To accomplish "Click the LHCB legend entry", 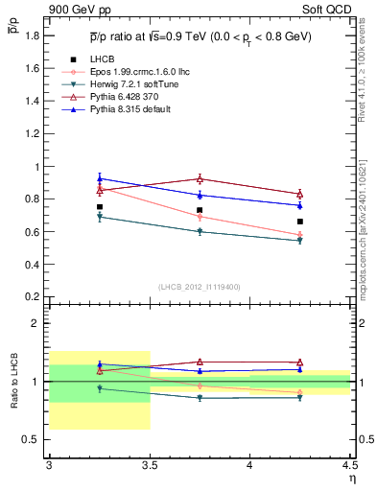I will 103,59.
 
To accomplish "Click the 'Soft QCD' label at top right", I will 330,9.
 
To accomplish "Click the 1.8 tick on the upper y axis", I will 35,35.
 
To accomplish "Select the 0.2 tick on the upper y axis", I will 35,296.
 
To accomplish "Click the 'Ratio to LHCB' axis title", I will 15,383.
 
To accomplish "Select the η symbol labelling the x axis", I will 351,478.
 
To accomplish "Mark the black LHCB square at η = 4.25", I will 300,222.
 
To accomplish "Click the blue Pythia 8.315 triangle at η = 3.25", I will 100,178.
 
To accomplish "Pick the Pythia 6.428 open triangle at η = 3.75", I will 200,178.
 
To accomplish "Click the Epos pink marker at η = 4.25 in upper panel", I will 300,235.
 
